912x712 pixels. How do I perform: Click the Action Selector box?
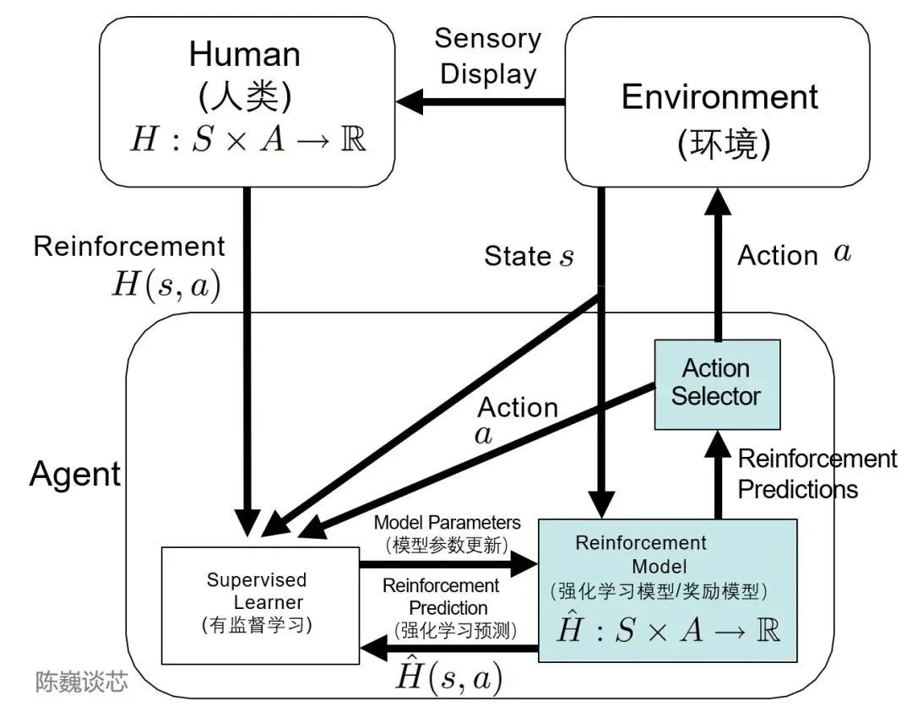(716, 384)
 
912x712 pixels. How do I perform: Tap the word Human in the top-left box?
(244, 54)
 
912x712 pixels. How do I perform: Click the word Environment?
(719, 97)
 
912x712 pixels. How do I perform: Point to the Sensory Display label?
(488, 56)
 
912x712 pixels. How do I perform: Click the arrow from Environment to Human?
(481, 102)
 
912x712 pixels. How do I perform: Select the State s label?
(529, 256)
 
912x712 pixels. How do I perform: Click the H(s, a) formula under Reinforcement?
(166, 285)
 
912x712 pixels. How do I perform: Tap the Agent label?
(75, 474)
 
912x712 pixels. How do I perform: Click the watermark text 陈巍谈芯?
(82, 682)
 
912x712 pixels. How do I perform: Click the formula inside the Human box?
(247, 139)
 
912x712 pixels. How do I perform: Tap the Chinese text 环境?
(724, 144)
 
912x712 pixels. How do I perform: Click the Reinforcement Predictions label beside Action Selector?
(817, 474)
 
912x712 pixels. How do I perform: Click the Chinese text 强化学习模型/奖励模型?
(658, 590)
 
